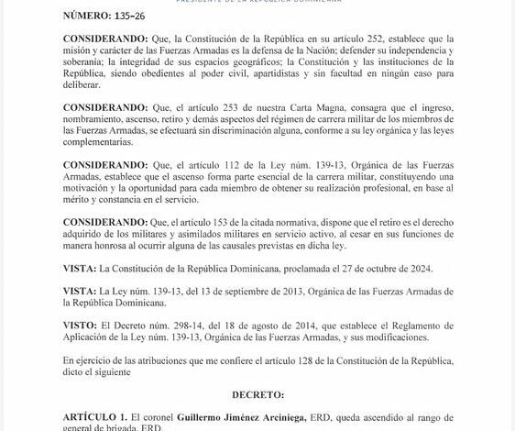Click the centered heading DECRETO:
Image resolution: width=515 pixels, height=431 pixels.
(x=257, y=393)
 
